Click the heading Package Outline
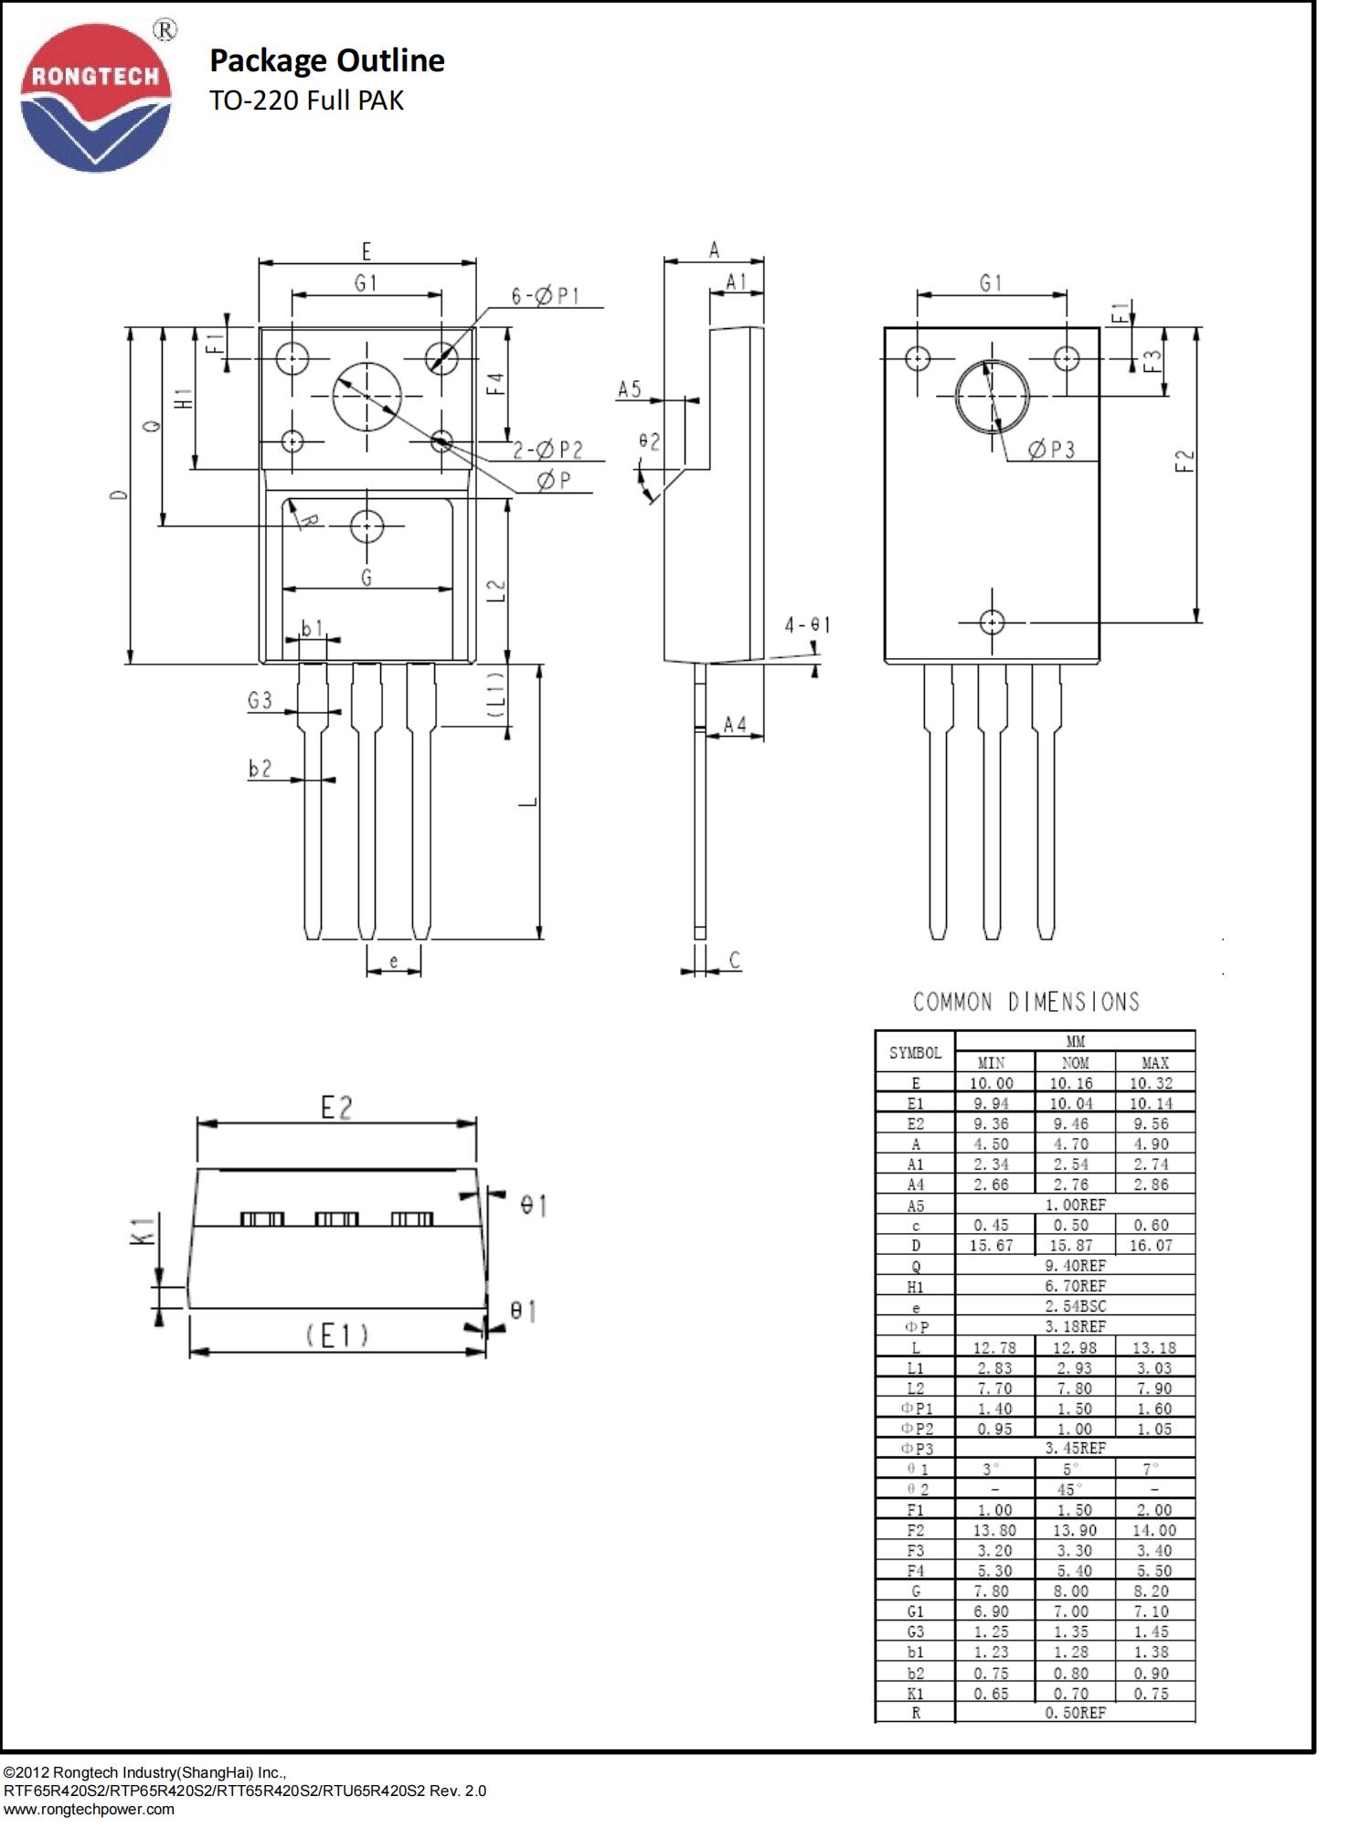326,60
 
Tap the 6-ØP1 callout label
546,296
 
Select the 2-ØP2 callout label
547,450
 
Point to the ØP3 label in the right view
1051,450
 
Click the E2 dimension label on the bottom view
336,1108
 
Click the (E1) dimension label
337,1336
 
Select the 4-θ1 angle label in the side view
807,625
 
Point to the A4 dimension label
735,725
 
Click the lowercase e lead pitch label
394,962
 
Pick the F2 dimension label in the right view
1185,460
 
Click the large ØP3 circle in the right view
992,397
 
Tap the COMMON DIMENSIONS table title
1026,1003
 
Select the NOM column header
1075,1063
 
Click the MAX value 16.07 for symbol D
1151,1246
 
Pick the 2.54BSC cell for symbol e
1075,1306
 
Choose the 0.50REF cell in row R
1075,1713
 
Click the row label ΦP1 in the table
916,1408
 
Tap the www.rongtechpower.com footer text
89,1809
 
